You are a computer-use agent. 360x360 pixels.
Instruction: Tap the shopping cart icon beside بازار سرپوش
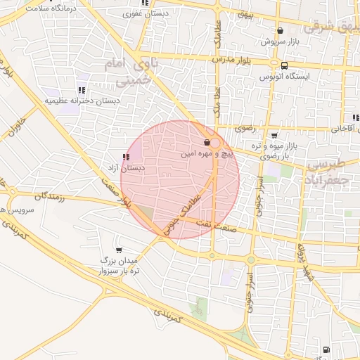coord(281,31)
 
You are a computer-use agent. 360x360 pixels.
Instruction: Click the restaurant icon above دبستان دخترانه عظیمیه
coord(82,90)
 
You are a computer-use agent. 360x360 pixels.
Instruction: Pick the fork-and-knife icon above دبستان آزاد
coord(126,157)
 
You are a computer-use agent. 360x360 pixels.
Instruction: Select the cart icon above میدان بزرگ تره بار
coord(118,250)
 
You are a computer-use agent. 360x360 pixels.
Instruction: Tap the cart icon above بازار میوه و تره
coord(274,136)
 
